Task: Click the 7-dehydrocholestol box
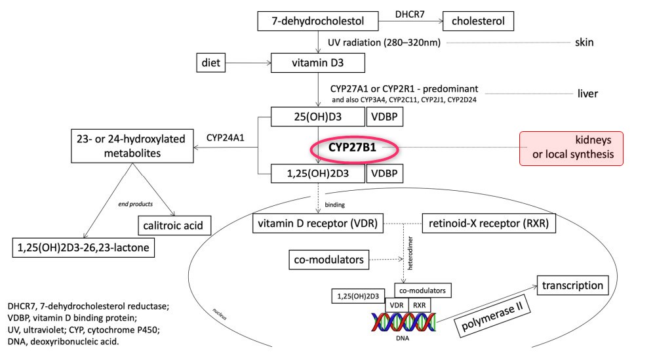pos(318,21)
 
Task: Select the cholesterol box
pos(477,21)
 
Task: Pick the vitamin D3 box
pos(317,64)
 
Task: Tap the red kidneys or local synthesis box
pos(571,148)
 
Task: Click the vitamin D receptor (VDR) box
pos(318,224)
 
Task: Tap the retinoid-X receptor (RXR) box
pos(489,224)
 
